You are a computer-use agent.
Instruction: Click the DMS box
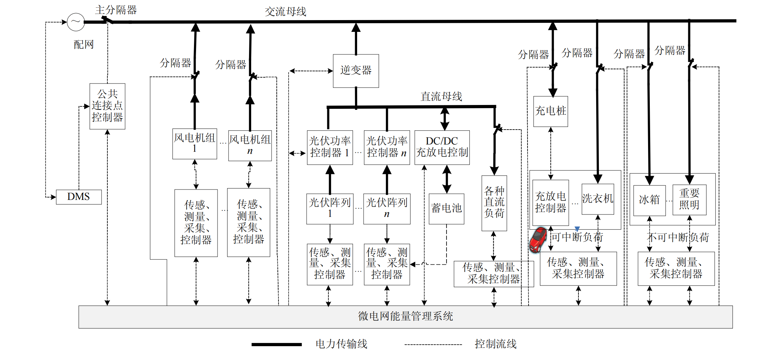click(79, 197)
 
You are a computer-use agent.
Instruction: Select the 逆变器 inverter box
click(356, 71)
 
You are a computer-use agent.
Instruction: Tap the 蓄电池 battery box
click(446, 209)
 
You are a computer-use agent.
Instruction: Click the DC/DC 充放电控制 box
click(442, 147)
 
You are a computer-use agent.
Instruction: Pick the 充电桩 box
click(550, 111)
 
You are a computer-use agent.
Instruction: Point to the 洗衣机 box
click(598, 199)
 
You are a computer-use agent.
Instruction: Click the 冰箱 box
click(649, 200)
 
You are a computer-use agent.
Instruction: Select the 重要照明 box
click(689, 200)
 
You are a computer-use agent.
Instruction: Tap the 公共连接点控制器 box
click(107, 106)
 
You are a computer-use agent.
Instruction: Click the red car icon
click(538, 239)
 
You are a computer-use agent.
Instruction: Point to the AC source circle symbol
click(76, 22)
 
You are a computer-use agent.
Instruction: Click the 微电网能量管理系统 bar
click(405, 317)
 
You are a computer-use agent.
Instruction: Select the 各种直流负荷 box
click(494, 203)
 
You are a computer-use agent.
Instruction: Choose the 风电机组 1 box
click(195, 143)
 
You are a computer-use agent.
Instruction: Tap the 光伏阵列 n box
click(387, 209)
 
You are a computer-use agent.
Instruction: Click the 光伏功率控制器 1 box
click(330, 147)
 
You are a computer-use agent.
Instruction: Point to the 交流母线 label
click(285, 12)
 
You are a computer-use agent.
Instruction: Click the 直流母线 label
click(441, 97)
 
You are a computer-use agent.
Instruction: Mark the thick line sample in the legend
click(276, 344)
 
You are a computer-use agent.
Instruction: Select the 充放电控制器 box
click(550, 202)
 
